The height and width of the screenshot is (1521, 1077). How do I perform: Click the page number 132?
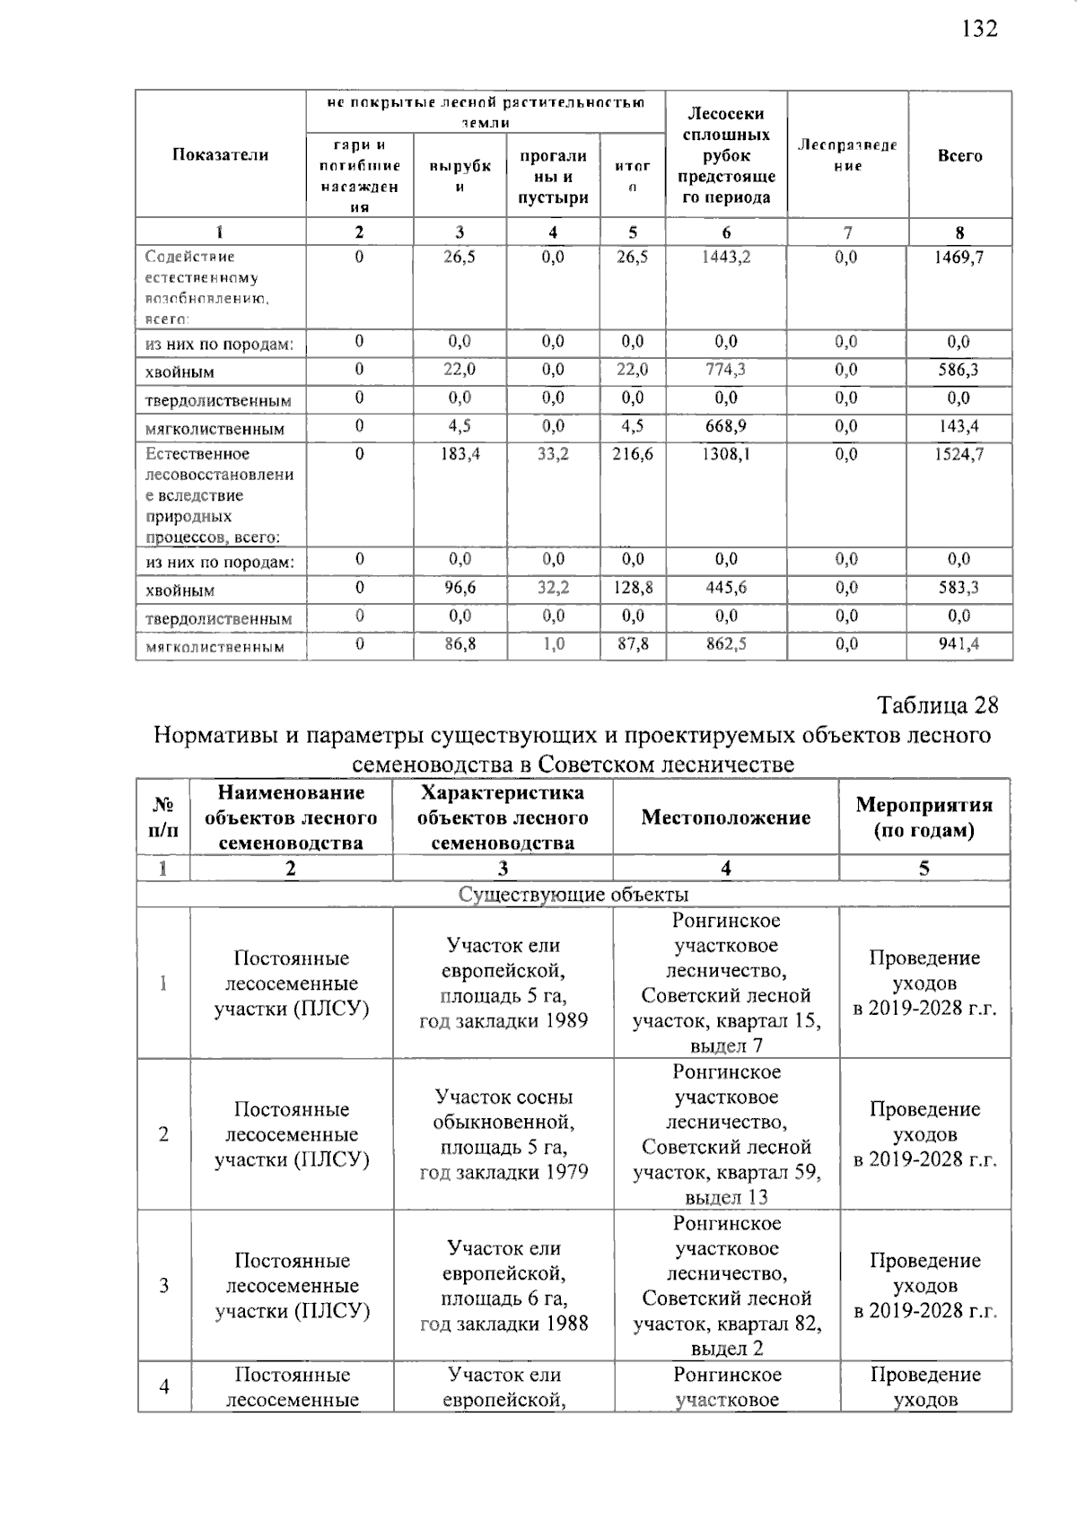(979, 29)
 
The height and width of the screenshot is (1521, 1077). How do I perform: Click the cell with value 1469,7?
(959, 258)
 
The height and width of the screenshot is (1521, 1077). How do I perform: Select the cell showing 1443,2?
(726, 258)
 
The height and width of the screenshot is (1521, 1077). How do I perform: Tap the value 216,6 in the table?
(633, 455)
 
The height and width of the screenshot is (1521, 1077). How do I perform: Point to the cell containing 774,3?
(726, 370)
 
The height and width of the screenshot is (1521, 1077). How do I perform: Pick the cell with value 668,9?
(726, 426)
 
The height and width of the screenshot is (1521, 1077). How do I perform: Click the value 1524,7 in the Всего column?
(959, 455)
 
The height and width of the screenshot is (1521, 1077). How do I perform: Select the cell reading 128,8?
(633, 588)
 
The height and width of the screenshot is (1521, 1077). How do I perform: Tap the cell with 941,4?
(959, 644)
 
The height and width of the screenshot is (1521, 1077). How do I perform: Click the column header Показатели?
(220, 155)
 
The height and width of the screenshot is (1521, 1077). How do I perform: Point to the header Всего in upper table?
(959, 156)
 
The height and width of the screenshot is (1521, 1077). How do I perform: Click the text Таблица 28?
(937, 705)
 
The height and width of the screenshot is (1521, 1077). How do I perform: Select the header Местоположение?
(725, 817)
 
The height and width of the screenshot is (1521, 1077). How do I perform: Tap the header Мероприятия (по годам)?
(924, 817)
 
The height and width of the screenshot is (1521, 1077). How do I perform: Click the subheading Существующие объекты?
(574, 895)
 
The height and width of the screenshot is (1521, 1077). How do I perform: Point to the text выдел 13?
(726, 1197)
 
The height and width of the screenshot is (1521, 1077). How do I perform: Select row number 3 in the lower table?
(163, 1286)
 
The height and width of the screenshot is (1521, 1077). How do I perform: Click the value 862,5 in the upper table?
(726, 644)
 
